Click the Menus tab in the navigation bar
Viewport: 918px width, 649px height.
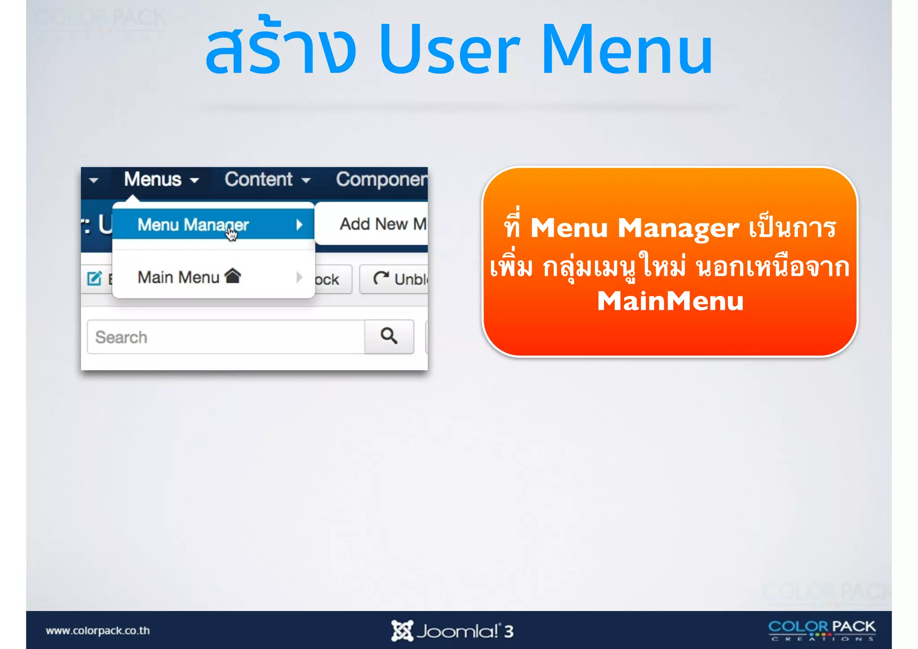[160, 180]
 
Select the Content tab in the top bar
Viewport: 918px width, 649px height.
[267, 180]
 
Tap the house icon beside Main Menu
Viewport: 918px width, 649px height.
[233, 276]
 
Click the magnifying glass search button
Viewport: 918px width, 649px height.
[389, 336]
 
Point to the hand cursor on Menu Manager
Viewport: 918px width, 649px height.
[231, 234]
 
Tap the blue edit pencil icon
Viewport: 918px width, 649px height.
[94, 279]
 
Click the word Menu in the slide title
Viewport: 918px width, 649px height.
[627, 49]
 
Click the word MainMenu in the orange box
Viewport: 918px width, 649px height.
[670, 301]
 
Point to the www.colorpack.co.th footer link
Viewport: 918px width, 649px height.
[98, 631]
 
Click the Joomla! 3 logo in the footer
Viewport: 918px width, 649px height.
[452, 631]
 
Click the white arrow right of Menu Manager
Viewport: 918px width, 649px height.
[299, 224]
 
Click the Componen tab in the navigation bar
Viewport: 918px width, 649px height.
[381, 180]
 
